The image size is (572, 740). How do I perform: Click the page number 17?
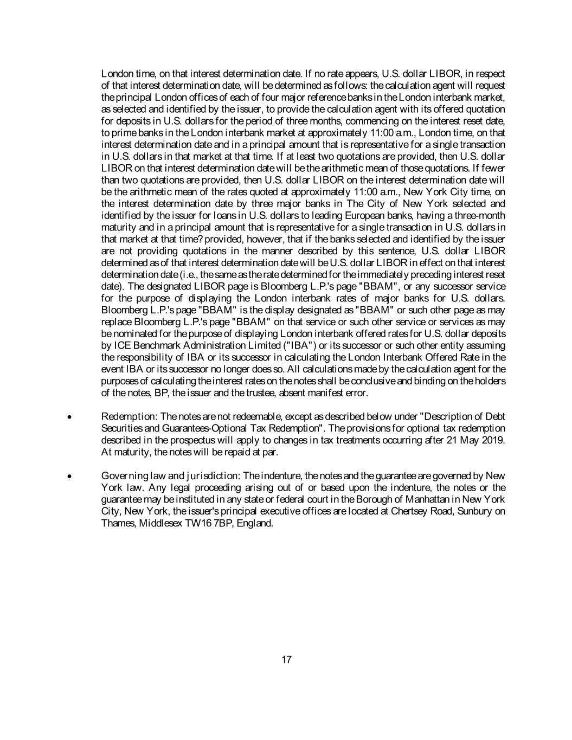286,660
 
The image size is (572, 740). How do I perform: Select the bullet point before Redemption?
69,417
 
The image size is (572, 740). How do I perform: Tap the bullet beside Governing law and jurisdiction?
69,477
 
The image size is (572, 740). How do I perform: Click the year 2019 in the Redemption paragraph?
494,440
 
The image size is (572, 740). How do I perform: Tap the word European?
325,216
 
